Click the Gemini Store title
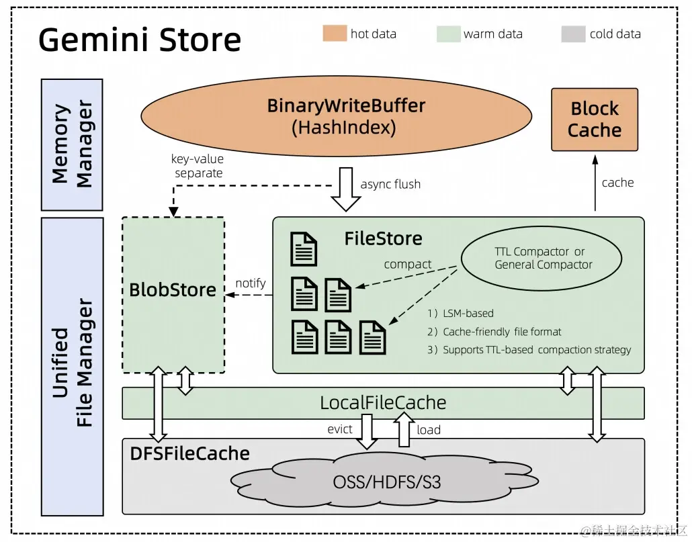click(x=140, y=40)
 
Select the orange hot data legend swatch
click(x=334, y=34)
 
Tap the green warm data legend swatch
click(x=447, y=34)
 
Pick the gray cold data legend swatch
click(x=573, y=34)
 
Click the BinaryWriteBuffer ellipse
click(x=346, y=116)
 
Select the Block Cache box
click(x=594, y=120)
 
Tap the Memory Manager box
click(x=72, y=144)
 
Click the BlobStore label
click(x=173, y=290)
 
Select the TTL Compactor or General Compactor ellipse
click(x=544, y=258)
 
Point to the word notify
click(x=251, y=283)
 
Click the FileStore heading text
click(x=383, y=238)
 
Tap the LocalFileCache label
click(x=383, y=403)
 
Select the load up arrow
click(x=404, y=430)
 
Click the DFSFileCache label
click(x=189, y=454)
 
